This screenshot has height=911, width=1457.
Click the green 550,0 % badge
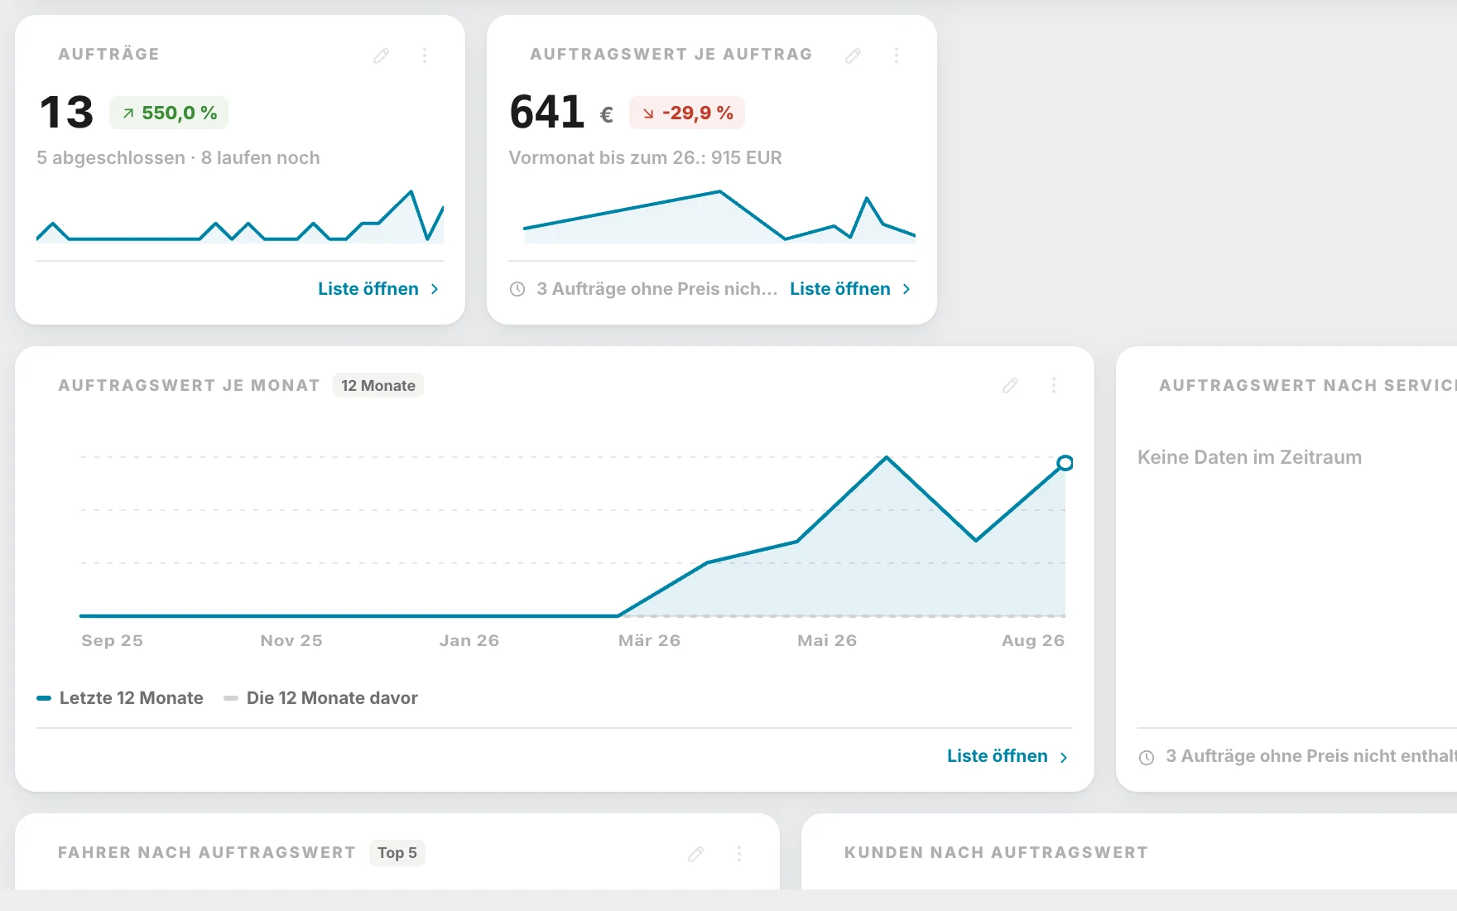point(169,113)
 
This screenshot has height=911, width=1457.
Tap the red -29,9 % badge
point(687,113)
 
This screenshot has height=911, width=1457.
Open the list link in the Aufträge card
point(378,289)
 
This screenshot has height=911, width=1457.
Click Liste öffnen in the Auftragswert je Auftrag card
point(850,289)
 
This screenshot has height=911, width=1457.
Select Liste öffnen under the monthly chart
point(1007,756)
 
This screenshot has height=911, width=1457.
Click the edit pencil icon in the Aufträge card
point(381,55)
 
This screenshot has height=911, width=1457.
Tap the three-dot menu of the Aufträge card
point(425,55)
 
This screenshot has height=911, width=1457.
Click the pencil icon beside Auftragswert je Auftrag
point(853,55)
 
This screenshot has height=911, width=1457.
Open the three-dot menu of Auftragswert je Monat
point(1054,385)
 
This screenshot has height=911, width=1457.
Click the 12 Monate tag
point(378,385)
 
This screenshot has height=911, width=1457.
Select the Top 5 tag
point(397,853)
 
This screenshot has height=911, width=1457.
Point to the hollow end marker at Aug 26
point(1065,463)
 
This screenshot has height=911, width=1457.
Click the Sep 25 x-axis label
point(112,640)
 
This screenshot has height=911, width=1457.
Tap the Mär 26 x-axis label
point(649,640)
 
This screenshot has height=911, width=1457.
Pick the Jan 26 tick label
point(469,640)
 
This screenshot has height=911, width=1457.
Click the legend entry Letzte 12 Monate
point(120,698)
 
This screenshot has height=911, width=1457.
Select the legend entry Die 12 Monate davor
point(320,698)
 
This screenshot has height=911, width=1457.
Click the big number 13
point(67,112)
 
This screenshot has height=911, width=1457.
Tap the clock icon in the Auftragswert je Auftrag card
point(517,289)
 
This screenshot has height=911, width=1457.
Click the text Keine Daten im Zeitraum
point(1249,457)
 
